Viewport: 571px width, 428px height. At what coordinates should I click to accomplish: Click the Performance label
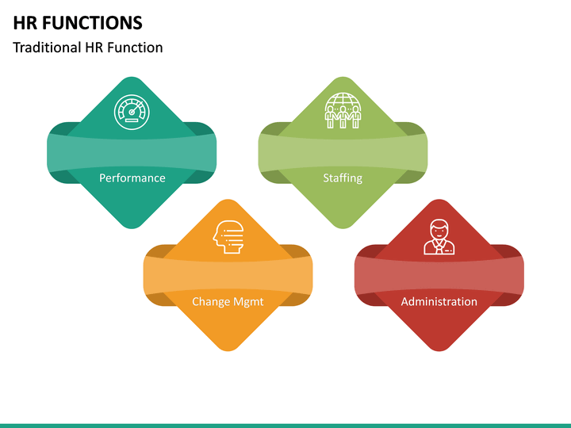click(132, 178)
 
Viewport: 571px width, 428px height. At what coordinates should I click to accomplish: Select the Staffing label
click(343, 178)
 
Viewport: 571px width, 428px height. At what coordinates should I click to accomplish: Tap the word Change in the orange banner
click(211, 302)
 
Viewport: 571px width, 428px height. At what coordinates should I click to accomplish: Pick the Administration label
click(439, 302)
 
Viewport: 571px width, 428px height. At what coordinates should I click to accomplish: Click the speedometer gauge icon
click(132, 113)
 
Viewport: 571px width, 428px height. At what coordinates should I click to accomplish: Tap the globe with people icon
click(343, 111)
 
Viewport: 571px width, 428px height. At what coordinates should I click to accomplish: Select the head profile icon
click(228, 236)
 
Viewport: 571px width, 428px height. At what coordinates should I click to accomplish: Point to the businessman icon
click(439, 236)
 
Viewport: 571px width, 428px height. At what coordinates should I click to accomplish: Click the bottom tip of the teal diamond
click(132, 227)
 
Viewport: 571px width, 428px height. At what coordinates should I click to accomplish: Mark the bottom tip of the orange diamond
click(228, 350)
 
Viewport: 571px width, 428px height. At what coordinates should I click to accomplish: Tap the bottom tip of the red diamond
click(439, 350)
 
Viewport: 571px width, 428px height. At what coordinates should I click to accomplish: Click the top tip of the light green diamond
click(343, 79)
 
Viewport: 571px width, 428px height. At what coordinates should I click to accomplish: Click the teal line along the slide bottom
click(285, 426)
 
